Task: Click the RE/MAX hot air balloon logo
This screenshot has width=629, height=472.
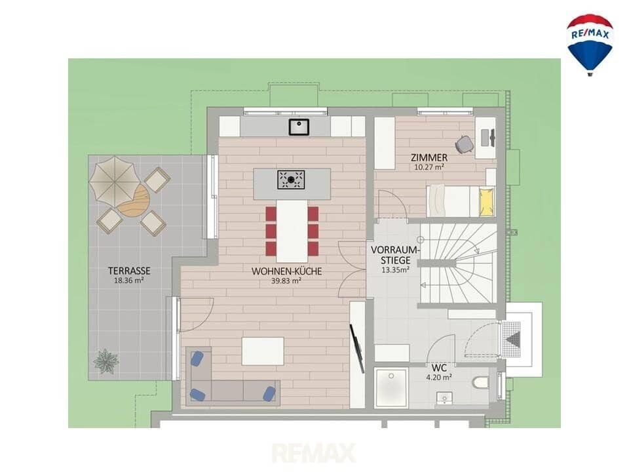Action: (x=589, y=45)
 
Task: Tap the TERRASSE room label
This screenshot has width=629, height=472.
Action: (x=129, y=271)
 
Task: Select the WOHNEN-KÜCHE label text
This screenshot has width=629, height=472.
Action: (x=286, y=271)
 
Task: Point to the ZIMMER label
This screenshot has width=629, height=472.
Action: (x=429, y=157)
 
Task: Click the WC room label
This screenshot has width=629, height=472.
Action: (x=439, y=368)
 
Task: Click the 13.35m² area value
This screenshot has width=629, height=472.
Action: (x=395, y=269)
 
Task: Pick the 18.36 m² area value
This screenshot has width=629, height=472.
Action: (x=129, y=281)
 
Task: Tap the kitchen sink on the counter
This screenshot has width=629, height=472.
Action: (x=299, y=127)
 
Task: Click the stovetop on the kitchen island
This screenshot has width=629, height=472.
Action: (x=291, y=180)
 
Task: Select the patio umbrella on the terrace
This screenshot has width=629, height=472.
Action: (x=115, y=181)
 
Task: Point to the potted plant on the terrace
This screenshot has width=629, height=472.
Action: (x=106, y=361)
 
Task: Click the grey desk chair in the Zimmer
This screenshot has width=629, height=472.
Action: (x=464, y=144)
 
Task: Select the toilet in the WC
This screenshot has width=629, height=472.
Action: (x=480, y=383)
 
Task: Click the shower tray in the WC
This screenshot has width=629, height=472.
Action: (x=391, y=387)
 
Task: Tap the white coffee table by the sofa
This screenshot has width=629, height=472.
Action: (x=263, y=351)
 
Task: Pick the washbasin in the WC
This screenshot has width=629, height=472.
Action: (x=444, y=398)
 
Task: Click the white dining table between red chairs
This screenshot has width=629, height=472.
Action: (x=292, y=231)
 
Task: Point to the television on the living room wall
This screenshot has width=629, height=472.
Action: (x=357, y=348)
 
